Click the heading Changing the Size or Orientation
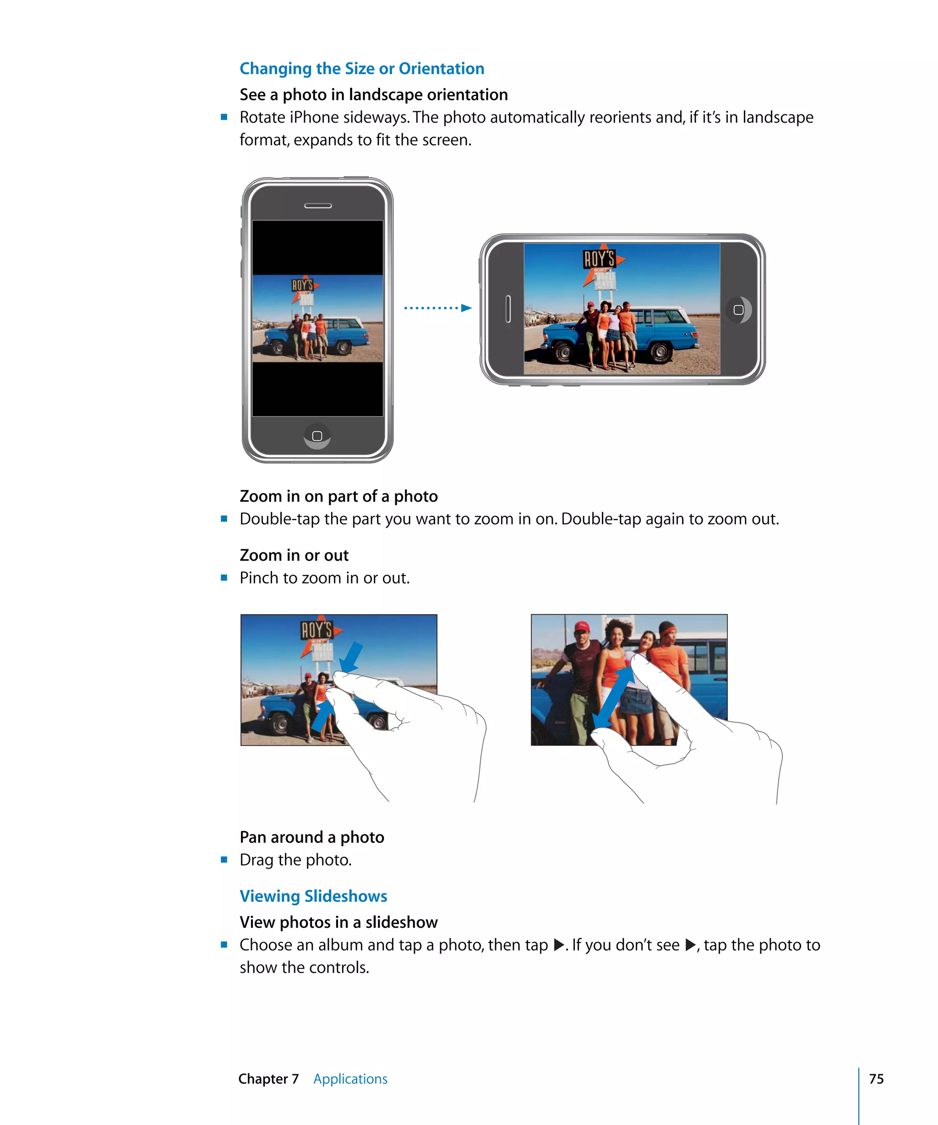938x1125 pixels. [x=362, y=69]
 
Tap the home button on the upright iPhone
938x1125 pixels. [x=317, y=436]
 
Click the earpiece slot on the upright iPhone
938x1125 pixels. [x=318, y=206]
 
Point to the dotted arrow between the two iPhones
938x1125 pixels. [x=437, y=308]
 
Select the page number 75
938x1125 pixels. [x=876, y=1078]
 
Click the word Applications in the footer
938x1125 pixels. [x=350, y=1078]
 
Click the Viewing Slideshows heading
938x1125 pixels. [x=313, y=896]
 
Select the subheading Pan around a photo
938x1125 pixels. [x=311, y=837]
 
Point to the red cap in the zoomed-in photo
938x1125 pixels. [x=582, y=626]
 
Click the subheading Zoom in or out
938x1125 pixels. [x=294, y=555]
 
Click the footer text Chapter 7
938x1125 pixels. [x=268, y=1078]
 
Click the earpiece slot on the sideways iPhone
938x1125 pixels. [x=507, y=309]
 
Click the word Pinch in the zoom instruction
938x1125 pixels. [x=259, y=578]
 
